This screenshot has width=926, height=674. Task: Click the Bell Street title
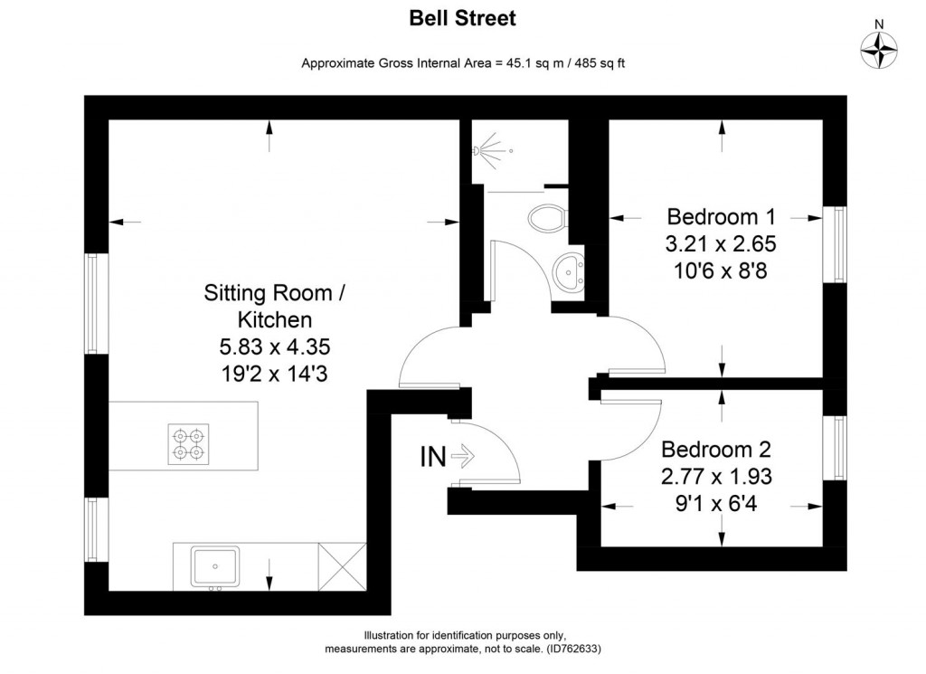click(x=462, y=18)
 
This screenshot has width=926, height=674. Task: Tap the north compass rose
click(x=879, y=50)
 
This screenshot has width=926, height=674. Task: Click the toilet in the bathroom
click(x=547, y=219)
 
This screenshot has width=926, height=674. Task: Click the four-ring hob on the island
click(x=188, y=444)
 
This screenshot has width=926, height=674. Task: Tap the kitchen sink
click(x=215, y=567)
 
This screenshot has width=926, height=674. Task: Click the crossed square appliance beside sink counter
click(x=342, y=566)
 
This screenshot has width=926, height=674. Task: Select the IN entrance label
click(x=433, y=457)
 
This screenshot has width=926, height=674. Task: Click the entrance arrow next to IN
click(x=463, y=456)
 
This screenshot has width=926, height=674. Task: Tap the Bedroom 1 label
click(x=721, y=217)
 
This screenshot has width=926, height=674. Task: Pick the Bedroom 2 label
click(x=716, y=450)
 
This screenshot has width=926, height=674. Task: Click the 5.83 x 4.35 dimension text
click(x=275, y=346)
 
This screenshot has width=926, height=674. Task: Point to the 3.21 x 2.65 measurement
click(x=721, y=244)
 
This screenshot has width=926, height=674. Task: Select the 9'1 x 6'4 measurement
click(x=716, y=504)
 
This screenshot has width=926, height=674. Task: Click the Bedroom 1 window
click(x=835, y=244)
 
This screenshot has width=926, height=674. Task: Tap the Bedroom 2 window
click(x=835, y=448)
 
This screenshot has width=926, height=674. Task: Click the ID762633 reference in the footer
click(x=573, y=649)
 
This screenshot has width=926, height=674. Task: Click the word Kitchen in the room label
click(x=275, y=319)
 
